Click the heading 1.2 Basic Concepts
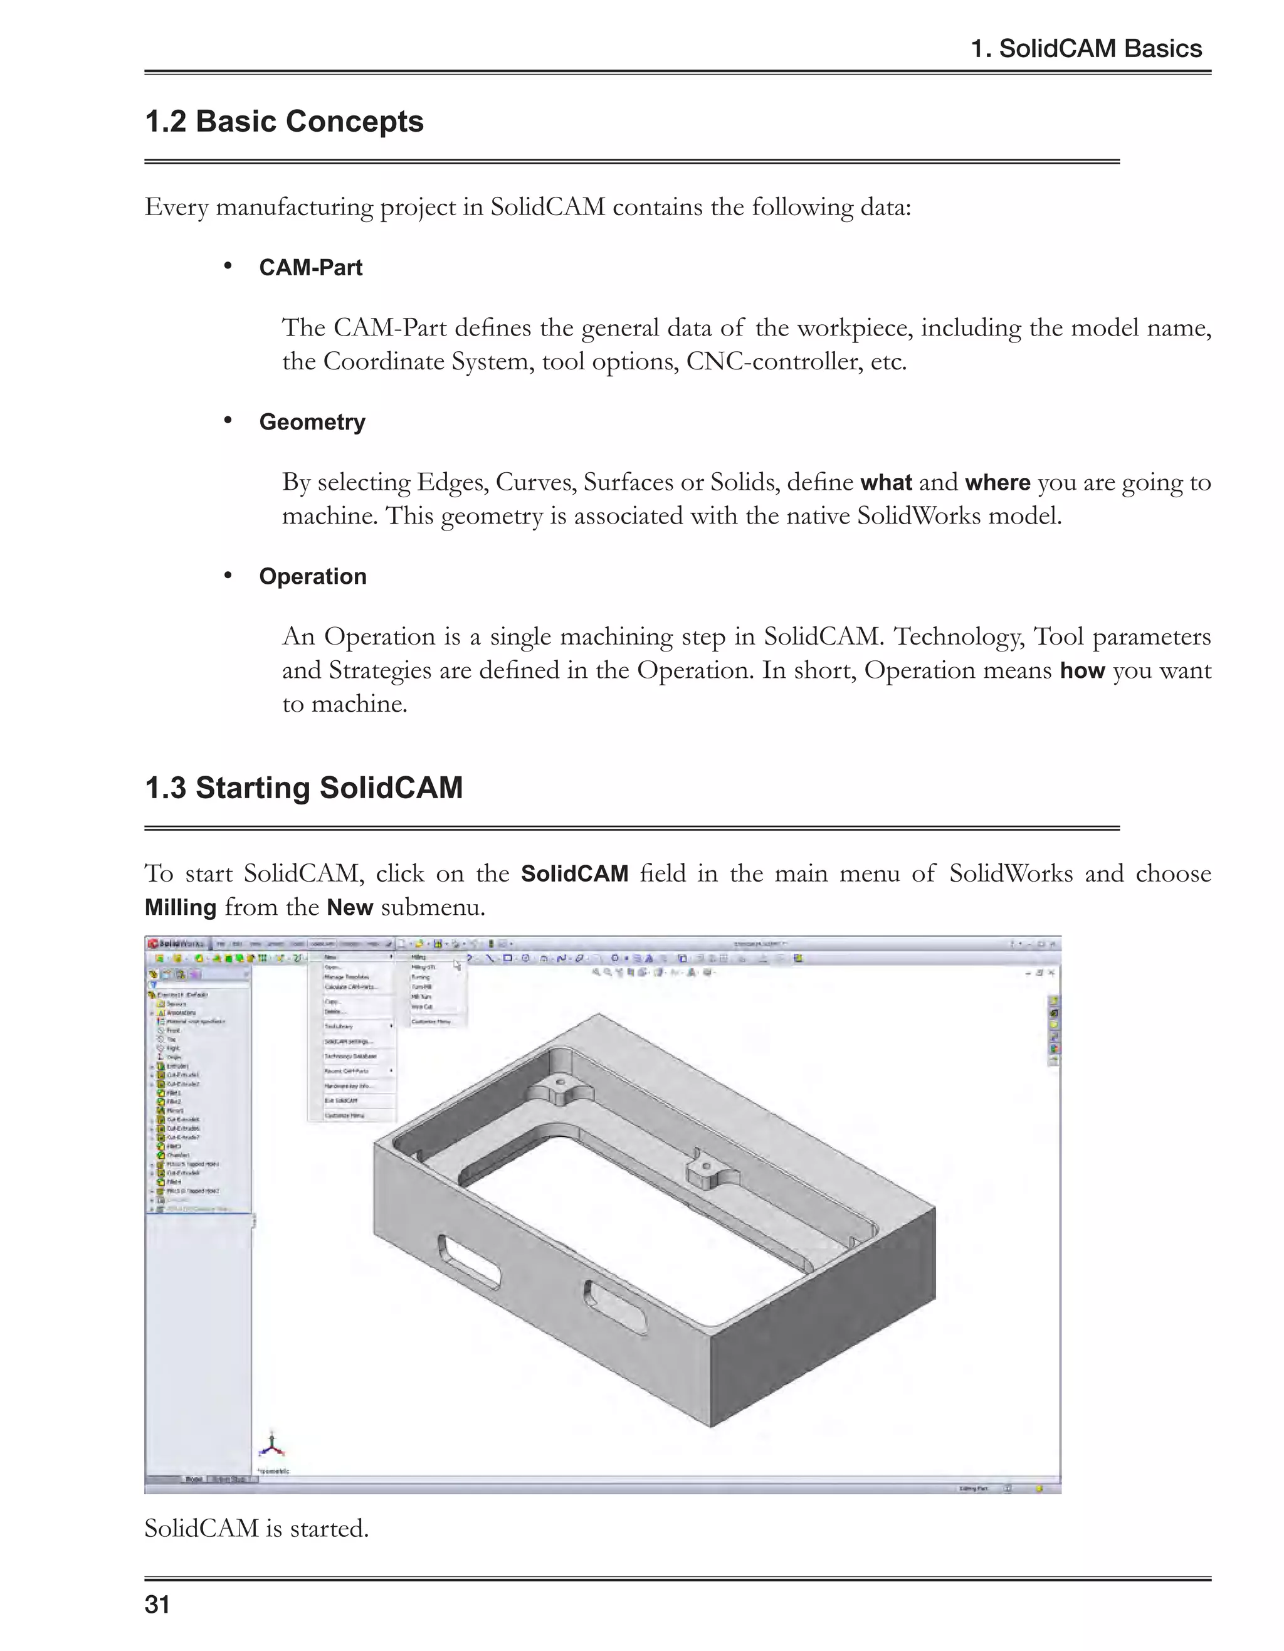coord(283,122)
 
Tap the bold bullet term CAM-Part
coord(310,268)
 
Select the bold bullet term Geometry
coord(312,422)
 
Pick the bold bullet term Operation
coord(312,576)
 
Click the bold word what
coord(886,482)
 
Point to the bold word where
coord(997,482)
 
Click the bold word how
coord(1082,670)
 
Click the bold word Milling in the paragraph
coord(181,907)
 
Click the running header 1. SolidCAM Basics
coord(1085,49)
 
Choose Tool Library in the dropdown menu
coord(339,1026)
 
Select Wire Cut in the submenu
coord(422,1007)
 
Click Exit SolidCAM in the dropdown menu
coord(341,1100)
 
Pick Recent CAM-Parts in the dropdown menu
coord(347,1071)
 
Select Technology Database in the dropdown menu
coord(350,1057)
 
